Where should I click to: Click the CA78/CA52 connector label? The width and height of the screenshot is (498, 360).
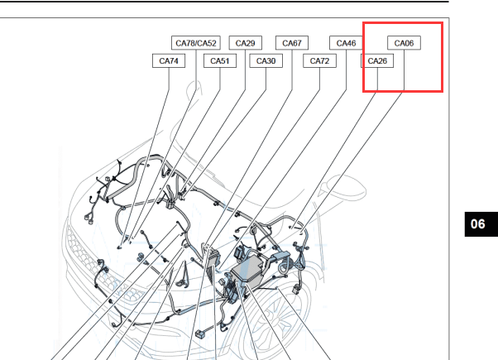coord(195,43)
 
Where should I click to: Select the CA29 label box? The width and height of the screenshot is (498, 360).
coord(245,43)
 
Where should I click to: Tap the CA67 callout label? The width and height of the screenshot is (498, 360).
coord(292,43)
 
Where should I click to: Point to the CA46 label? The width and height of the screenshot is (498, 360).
coord(346,43)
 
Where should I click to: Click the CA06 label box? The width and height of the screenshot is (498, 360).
coord(404,43)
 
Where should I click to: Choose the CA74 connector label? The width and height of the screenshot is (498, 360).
coord(169,60)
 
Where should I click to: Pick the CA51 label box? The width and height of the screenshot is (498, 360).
coord(220,60)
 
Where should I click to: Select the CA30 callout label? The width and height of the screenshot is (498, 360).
coord(266,60)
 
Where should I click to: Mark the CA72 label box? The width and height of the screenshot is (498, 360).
coord(319,60)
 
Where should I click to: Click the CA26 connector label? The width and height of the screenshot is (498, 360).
coord(377,60)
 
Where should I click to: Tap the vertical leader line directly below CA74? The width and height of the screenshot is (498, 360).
coord(169,79)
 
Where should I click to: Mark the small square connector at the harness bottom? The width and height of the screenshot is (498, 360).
coord(199,334)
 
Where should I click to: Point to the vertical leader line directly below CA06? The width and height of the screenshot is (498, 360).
coord(404,70)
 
